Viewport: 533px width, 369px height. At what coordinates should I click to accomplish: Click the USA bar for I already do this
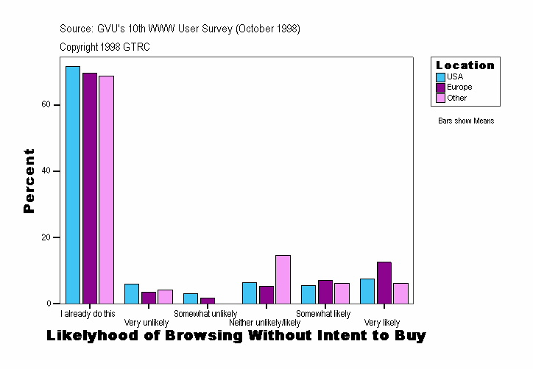(x=72, y=184)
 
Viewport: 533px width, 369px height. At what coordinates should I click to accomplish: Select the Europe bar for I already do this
(x=90, y=188)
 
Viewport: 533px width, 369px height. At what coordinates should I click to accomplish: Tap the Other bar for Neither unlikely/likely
(x=283, y=279)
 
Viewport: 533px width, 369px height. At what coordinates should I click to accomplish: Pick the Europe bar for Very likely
(x=384, y=282)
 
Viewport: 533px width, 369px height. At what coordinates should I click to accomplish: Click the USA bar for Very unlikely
(x=131, y=293)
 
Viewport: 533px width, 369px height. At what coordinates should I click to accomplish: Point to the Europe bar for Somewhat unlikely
(x=208, y=300)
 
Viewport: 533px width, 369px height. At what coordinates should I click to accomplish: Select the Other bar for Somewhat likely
(x=342, y=293)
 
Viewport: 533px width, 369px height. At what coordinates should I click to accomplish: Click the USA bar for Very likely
(x=367, y=291)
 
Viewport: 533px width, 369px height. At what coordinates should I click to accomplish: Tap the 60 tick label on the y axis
(x=46, y=104)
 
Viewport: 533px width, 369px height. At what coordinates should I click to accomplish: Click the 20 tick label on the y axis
(x=46, y=237)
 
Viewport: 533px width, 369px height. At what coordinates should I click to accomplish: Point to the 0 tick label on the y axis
(x=49, y=304)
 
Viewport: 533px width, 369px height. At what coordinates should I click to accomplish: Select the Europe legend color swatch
(x=440, y=87)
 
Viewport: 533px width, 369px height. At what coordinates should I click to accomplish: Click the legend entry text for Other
(x=456, y=98)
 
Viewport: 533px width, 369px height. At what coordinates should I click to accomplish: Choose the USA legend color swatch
(x=440, y=76)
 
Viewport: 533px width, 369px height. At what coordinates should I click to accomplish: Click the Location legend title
(x=465, y=65)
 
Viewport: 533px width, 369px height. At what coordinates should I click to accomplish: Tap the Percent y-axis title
(x=29, y=181)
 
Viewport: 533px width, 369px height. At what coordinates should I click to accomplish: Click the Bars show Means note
(x=466, y=121)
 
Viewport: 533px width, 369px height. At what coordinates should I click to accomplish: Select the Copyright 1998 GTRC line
(x=105, y=46)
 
